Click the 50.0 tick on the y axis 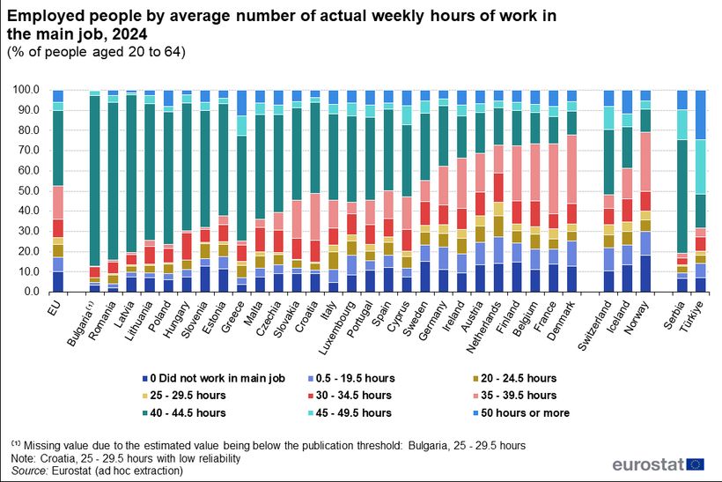[27, 190]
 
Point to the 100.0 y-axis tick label [25, 89]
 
